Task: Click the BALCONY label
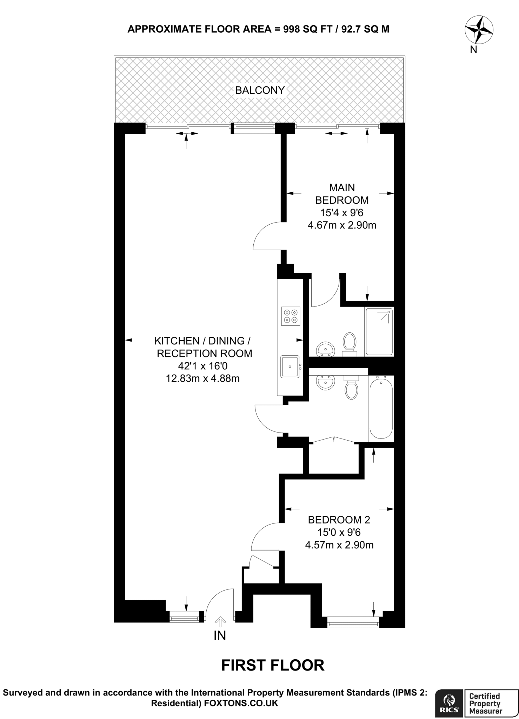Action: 260,90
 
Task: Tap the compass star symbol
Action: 479,30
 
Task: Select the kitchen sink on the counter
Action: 290,366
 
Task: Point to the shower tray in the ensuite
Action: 379,332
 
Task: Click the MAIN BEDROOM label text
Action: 342,194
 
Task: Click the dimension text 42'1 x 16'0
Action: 203,366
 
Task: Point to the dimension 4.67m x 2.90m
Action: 342,225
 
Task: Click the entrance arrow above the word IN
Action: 220,622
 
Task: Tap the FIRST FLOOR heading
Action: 273,665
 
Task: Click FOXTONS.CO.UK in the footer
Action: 241,703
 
